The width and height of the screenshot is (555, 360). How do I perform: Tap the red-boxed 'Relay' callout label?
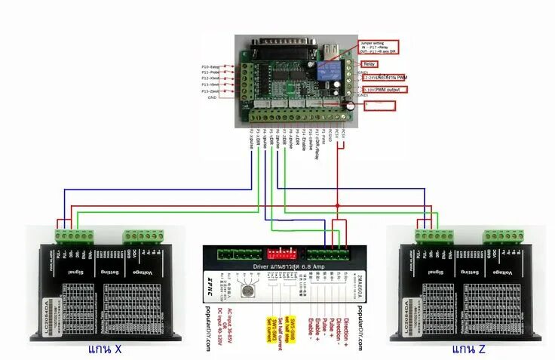pyautogui.click(x=375, y=65)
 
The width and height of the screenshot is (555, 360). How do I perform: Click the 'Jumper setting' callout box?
pyautogui.click(x=379, y=47)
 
